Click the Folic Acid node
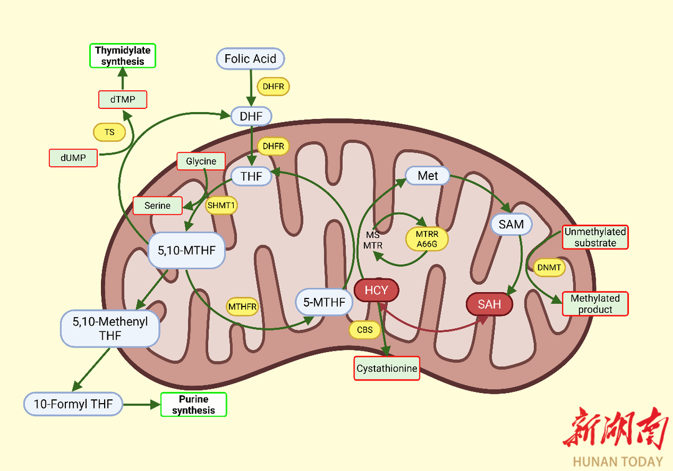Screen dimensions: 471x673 click(251, 59)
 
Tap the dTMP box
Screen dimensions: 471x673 click(122, 99)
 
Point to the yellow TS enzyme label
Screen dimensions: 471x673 click(109, 132)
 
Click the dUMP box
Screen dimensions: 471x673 click(74, 158)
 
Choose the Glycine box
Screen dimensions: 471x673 click(201, 161)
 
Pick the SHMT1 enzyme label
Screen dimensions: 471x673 click(222, 206)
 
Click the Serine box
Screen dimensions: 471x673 click(157, 206)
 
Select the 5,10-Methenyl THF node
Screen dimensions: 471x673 click(110, 329)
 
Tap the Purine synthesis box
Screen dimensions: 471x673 click(193, 405)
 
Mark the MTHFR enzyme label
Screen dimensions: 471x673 click(242, 307)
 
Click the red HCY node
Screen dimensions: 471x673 click(376, 291)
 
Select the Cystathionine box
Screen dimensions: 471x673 click(386, 369)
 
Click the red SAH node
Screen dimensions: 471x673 click(489, 305)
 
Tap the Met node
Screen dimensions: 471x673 click(427, 176)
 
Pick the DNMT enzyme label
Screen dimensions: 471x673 click(548, 268)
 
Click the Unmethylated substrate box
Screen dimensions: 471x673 click(595, 237)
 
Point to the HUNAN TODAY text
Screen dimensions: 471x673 click(618, 462)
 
